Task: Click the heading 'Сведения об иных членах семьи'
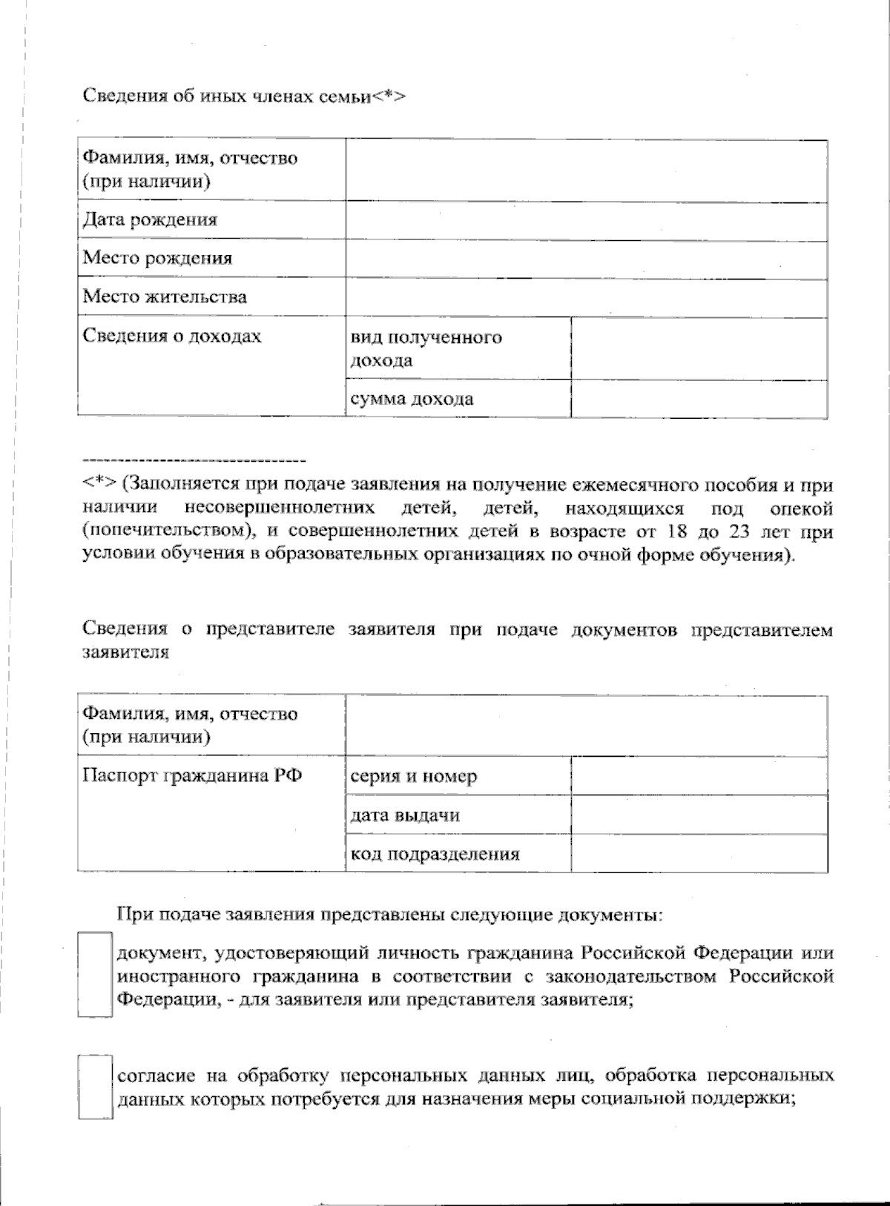click(244, 97)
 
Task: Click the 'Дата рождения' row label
click(150, 220)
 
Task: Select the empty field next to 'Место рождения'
click(586, 259)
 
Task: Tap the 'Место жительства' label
click(165, 297)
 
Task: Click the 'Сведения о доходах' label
click(172, 337)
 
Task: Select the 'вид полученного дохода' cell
click(426, 348)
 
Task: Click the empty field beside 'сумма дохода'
click(699, 399)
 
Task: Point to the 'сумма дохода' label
click(412, 400)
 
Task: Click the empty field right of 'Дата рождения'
click(586, 221)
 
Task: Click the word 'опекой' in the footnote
click(801, 508)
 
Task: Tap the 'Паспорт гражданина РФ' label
click(192, 776)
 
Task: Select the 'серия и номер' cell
click(413, 777)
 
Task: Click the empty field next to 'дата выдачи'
click(699, 815)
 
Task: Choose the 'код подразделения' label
click(435, 854)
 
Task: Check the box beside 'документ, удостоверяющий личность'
click(96, 974)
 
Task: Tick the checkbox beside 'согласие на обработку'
click(96, 1087)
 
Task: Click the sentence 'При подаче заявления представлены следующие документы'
click(389, 915)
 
